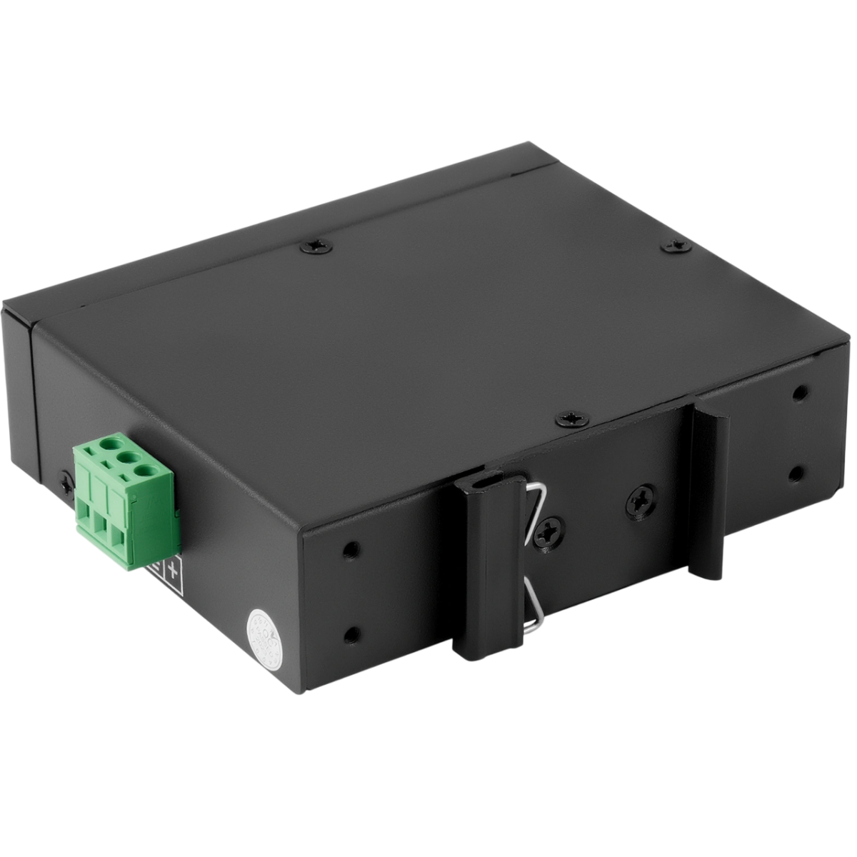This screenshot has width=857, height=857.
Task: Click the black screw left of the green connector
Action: click(66, 484)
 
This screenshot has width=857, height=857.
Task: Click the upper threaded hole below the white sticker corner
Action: click(349, 549)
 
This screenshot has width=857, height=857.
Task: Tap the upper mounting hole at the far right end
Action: click(801, 392)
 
